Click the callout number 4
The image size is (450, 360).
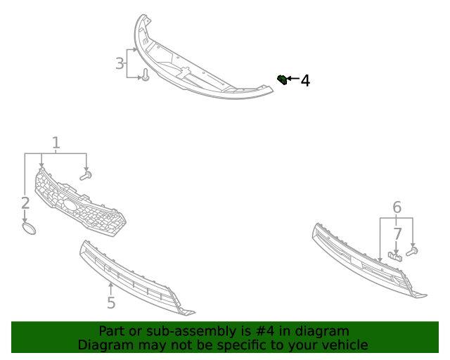[x=305, y=81]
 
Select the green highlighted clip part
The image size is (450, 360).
[x=282, y=79]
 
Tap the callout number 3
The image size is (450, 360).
[x=120, y=64]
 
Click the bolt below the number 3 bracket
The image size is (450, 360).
[x=146, y=76]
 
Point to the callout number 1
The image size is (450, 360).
[x=56, y=143]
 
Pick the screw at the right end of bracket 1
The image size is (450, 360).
[x=86, y=175]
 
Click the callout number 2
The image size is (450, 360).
[x=25, y=203]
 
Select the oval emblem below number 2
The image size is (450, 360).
[x=28, y=229]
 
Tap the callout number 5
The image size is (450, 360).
[x=111, y=303]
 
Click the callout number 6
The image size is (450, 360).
[x=397, y=207]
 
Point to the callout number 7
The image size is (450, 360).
[x=397, y=233]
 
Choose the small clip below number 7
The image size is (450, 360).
[x=396, y=255]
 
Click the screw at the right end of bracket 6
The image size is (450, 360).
[x=413, y=250]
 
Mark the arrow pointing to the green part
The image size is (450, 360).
[x=292, y=79]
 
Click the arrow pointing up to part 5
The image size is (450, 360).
[x=111, y=287]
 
